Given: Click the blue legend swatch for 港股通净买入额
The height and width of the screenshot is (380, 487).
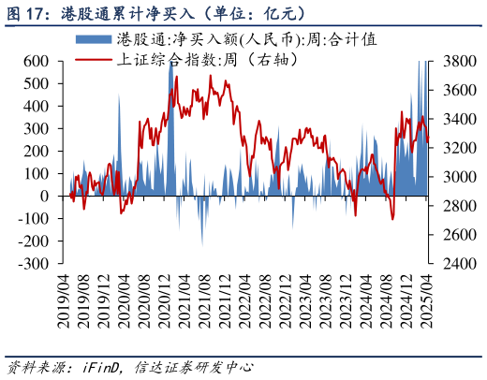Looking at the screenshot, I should tap(93, 40).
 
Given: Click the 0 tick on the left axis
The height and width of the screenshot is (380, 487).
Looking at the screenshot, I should tap(44, 197).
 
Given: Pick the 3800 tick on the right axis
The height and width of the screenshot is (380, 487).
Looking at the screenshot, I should tap(454, 61).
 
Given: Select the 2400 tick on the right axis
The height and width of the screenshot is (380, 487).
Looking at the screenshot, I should tap(454, 264).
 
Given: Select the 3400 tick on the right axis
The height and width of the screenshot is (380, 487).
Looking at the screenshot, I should tap(454, 119).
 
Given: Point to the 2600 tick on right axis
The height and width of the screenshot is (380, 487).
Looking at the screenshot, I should tap(454, 235).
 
